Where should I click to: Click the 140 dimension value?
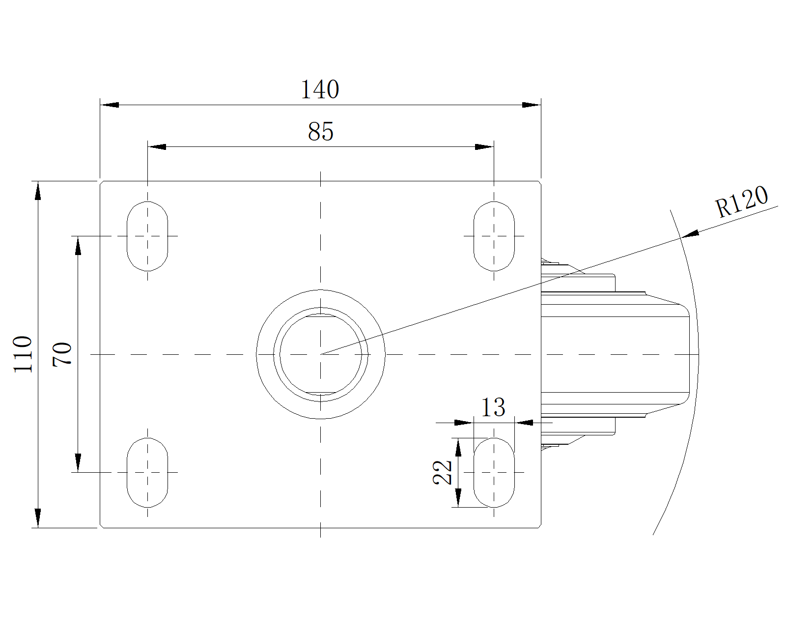click(x=320, y=89)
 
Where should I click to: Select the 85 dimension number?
click(x=321, y=132)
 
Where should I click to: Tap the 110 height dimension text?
click(x=23, y=354)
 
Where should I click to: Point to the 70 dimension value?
click(x=63, y=354)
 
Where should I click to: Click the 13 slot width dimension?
click(x=493, y=407)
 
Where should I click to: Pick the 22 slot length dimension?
click(x=443, y=472)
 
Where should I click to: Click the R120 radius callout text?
click(x=741, y=201)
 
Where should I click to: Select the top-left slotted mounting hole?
click(x=147, y=236)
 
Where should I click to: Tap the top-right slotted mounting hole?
click(x=494, y=236)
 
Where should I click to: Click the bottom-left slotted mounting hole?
click(x=147, y=472)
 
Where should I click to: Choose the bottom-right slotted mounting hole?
click(x=494, y=472)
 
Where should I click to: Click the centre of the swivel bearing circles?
click(x=320, y=354)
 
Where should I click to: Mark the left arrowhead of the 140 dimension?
click(x=110, y=105)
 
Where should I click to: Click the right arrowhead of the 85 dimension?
click(x=484, y=147)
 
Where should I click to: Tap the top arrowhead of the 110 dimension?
click(x=38, y=191)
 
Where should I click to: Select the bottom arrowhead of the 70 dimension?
click(x=78, y=462)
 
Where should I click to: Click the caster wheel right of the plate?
click(x=619, y=354)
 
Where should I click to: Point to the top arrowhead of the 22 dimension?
click(x=458, y=448)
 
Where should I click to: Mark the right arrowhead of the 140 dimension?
click(x=531, y=105)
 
